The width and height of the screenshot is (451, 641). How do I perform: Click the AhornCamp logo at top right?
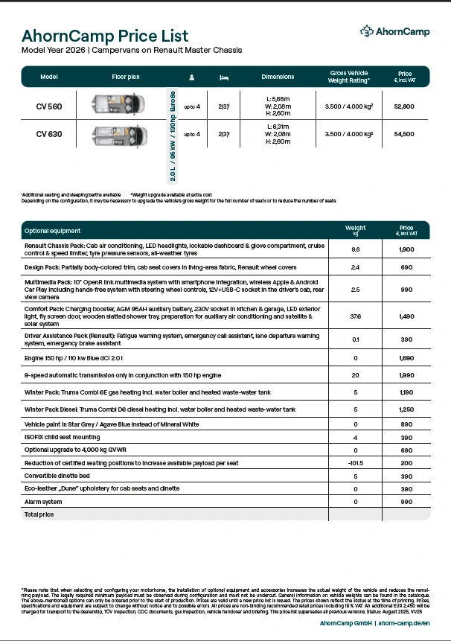[394, 31]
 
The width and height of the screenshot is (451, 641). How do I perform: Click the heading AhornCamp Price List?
[105, 36]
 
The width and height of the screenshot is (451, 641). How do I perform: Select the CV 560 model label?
[49, 106]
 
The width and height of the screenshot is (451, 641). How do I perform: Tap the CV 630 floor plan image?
[119, 134]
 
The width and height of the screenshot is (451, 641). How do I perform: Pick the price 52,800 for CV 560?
[404, 106]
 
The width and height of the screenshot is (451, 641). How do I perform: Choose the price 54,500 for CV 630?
[404, 134]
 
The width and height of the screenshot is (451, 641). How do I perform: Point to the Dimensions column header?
[278, 77]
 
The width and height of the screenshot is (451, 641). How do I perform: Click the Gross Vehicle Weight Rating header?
[349, 77]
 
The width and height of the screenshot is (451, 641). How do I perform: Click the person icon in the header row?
[191, 77]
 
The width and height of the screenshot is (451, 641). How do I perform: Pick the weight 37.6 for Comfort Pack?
[355, 316]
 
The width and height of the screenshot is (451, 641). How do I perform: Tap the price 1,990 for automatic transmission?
[406, 376]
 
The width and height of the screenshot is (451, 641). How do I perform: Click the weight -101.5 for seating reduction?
[355, 462]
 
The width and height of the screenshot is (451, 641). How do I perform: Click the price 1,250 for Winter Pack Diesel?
[406, 409]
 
